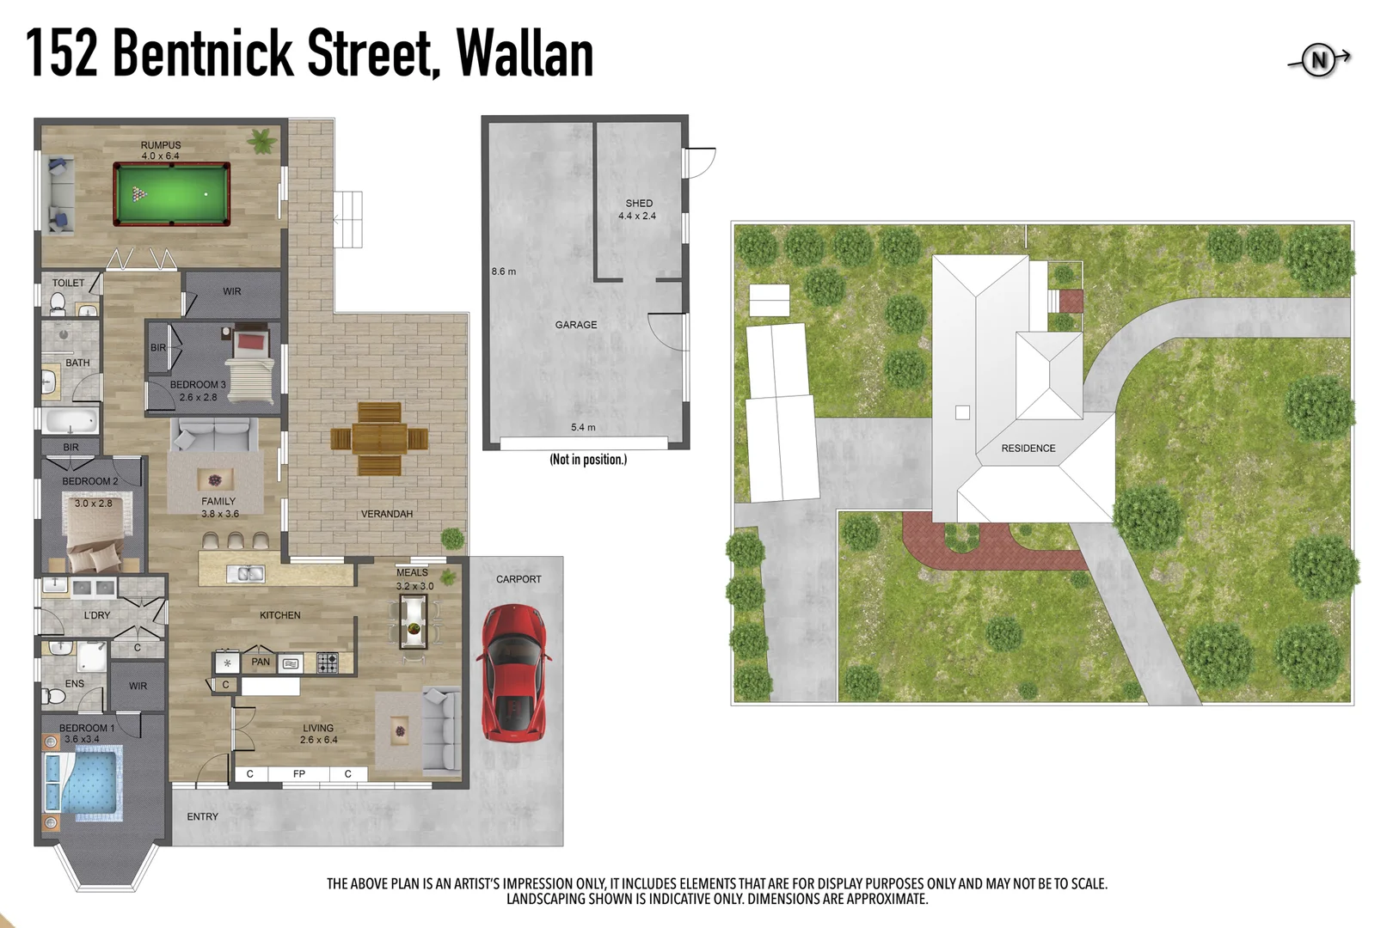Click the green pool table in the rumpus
[172, 194]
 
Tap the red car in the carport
[514, 672]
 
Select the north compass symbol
[1319, 60]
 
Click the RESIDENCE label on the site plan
[1028, 449]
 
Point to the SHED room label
[639, 204]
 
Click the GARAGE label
[576, 325]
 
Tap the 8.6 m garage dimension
[504, 272]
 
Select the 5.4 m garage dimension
[583, 427]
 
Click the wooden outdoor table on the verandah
[379, 438]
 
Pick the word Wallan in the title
[525, 53]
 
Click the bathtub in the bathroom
[71, 421]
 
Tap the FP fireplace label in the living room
[299, 774]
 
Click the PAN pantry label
[261, 662]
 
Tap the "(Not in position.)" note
[588, 460]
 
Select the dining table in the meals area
[414, 621]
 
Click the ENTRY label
[203, 817]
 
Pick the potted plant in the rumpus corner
[261, 140]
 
